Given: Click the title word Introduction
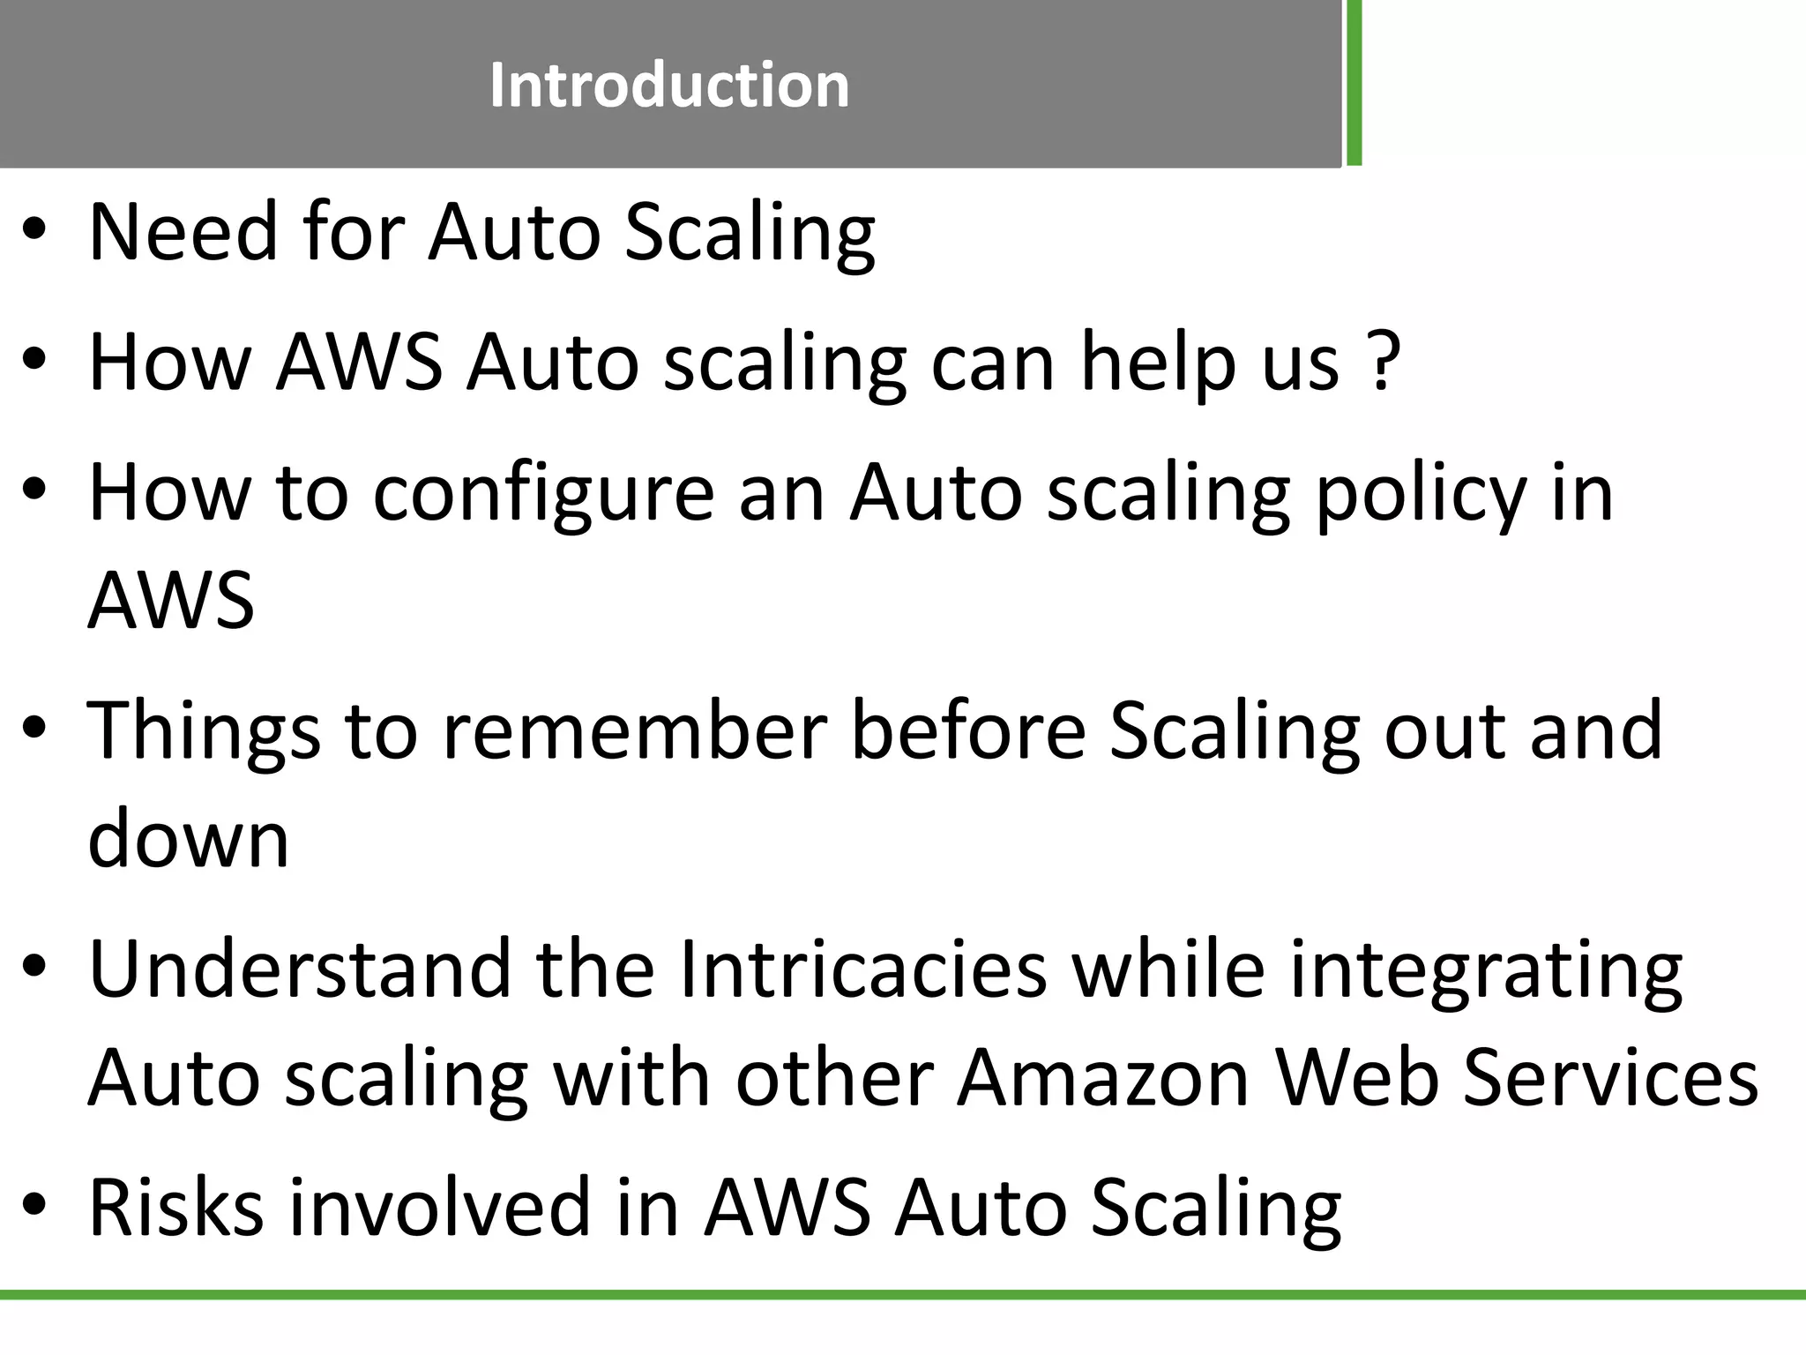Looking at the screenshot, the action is click(669, 86).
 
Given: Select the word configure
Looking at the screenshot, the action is click(543, 494).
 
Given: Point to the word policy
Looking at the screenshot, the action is click(1421, 494).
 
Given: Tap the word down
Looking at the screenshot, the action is click(189, 838).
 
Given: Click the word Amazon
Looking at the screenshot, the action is click(1104, 1077).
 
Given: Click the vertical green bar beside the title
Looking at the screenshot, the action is click(1354, 83).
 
